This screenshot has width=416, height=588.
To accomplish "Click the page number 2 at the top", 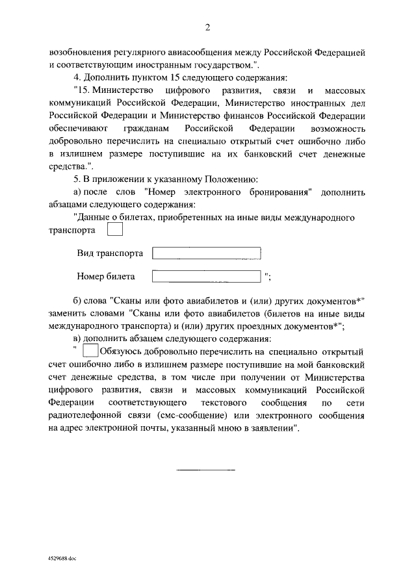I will pos(207,27).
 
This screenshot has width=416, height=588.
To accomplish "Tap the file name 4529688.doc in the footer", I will pos(62,558).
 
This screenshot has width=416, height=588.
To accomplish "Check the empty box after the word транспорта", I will pos(114,230).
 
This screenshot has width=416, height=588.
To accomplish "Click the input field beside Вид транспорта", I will pos(206,253).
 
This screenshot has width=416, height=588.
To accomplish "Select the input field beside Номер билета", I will pos(206,277).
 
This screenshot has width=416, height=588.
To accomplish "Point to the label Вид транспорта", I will pos(110,253).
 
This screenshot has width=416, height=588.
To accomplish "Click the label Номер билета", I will pos(106,277).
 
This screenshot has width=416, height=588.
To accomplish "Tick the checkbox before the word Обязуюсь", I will pos(91,352).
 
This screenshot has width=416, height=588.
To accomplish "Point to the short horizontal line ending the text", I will pos(207,469).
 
